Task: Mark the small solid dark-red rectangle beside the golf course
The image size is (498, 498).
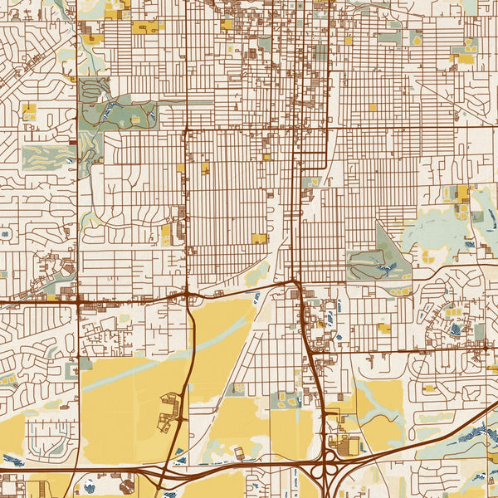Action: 73,143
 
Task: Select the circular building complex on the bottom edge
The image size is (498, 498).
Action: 126,483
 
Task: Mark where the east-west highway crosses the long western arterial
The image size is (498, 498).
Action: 77,301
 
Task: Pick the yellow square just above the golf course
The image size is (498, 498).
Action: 31,110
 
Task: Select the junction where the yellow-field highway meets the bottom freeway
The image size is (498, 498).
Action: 168,470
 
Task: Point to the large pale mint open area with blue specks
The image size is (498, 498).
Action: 440,232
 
